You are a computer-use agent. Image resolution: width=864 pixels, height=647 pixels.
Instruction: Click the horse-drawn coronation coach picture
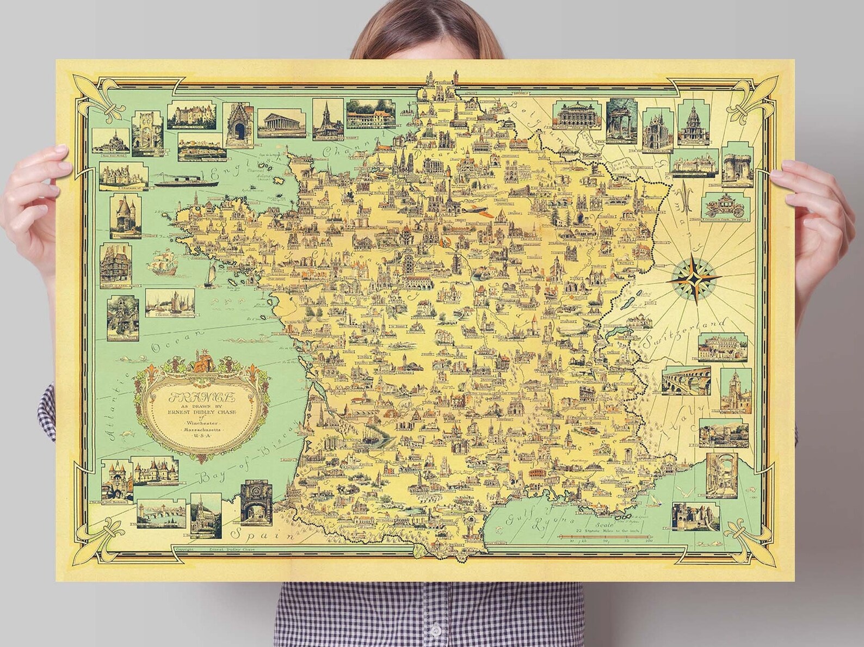point(727,206)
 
